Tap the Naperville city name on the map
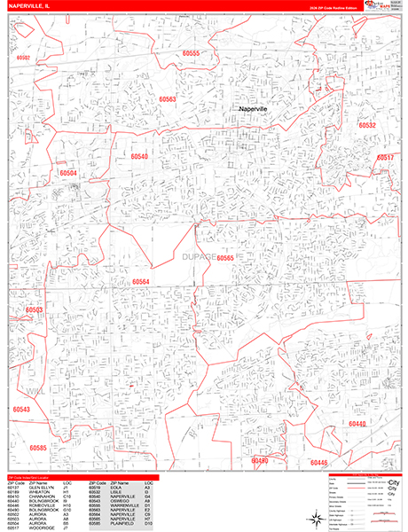[x=258, y=108]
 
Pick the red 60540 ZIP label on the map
[x=139, y=156]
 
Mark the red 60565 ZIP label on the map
[x=225, y=258]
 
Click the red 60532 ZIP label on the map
[x=367, y=126]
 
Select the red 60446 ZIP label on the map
[x=319, y=463]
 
